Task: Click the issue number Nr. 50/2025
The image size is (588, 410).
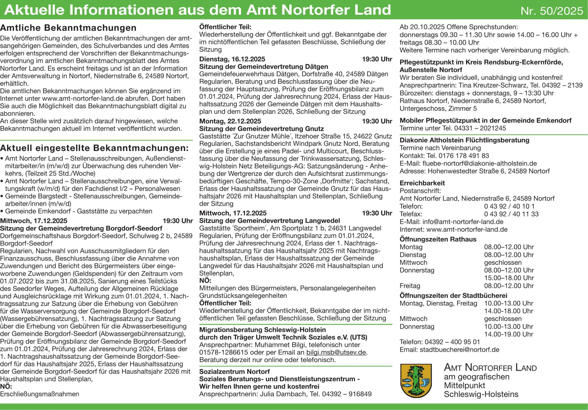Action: pyautogui.click(x=552, y=11)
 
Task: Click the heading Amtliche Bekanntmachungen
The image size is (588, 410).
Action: pyautogui.click(x=68, y=28)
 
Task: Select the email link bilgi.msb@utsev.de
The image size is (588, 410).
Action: pyautogui.click(x=336, y=352)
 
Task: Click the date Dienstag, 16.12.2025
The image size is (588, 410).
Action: pyautogui.click(x=232, y=59)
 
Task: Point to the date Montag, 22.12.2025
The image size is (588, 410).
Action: pyautogui.click(x=230, y=121)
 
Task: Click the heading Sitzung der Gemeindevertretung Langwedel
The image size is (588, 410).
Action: pyautogui.click(x=270, y=221)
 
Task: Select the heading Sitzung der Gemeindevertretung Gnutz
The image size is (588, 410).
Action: pyautogui.click(x=262, y=129)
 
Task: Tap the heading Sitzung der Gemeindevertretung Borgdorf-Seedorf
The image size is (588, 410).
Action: pyautogui.click(x=81, y=228)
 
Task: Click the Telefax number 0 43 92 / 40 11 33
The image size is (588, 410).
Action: pyautogui.click(x=511, y=214)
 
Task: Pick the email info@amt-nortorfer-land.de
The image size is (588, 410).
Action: pyautogui.click(x=463, y=222)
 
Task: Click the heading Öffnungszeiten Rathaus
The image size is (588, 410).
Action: pyautogui.click(x=438, y=239)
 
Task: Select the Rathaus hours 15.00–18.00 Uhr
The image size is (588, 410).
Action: pyautogui.click(x=509, y=278)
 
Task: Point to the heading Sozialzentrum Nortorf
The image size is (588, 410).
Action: pyautogui.click(x=235, y=372)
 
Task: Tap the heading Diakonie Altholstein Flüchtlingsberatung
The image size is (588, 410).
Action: pyautogui.click(x=465, y=140)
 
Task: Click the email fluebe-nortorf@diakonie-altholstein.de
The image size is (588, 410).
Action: pyautogui.click(x=479, y=164)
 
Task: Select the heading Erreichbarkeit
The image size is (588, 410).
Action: pyautogui.click(x=422, y=183)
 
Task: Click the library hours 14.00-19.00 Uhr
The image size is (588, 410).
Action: pyautogui.click(x=508, y=334)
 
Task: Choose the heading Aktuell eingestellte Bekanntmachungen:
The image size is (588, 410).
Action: pyautogui.click(x=94, y=148)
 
